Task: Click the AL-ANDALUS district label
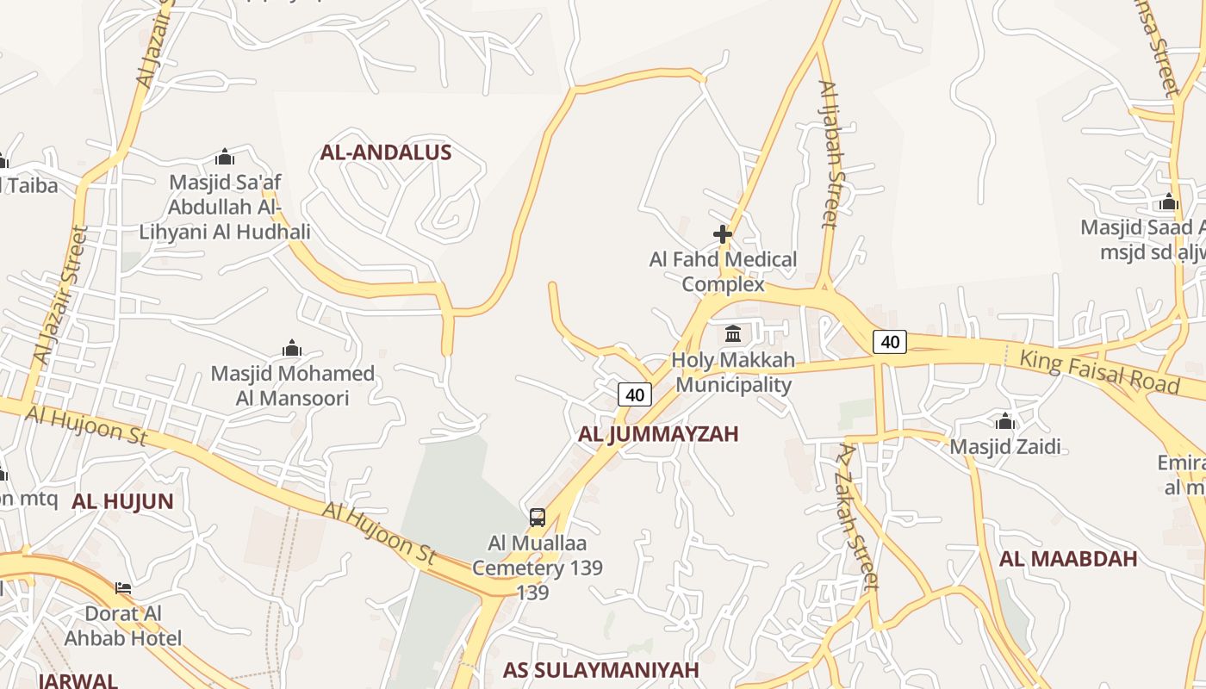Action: pyautogui.click(x=386, y=152)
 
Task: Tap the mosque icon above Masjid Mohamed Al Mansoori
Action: pyautogui.click(x=292, y=348)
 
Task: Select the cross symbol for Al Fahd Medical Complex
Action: pyautogui.click(x=723, y=233)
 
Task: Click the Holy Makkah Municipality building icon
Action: pyautogui.click(x=733, y=333)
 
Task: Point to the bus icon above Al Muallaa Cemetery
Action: pyautogui.click(x=538, y=518)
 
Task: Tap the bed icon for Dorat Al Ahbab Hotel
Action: pyautogui.click(x=123, y=588)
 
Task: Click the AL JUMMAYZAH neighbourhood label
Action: pyautogui.click(x=658, y=434)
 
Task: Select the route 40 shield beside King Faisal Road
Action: pyautogui.click(x=890, y=342)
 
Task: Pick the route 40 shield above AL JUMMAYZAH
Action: pyautogui.click(x=635, y=394)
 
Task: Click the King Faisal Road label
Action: pyautogui.click(x=1098, y=371)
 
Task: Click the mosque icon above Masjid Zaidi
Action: pyautogui.click(x=1004, y=421)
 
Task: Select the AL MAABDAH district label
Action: pyautogui.click(x=1068, y=559)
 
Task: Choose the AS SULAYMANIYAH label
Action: pyautogui.click(x=601, y=670)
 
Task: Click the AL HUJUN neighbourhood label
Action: pyautogui.click(x=122, y=501)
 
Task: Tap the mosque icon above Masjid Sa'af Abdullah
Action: pyautogui.click(x=225, y=157)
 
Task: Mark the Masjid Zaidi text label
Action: pyautogui.click(x=1004, y=447)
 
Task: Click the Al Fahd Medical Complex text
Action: pyautogui.click(x=723, y=271)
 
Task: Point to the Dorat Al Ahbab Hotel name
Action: pyautogui.click(x=123, y=626)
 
